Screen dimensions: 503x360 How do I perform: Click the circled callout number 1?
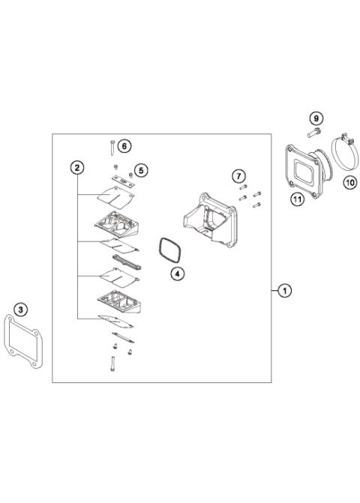(283, 290)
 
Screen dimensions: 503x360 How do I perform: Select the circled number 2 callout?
(77, 166)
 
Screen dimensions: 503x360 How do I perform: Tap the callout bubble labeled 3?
(21, 308)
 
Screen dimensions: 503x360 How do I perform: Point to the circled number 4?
(175, 274)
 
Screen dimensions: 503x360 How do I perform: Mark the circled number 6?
(124, 145)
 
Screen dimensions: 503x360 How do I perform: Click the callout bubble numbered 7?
(238, 176)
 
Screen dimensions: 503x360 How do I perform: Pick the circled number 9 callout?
(316, 118)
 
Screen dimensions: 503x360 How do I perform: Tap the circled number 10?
(349, 181)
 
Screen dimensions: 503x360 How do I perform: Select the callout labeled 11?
(297, 199)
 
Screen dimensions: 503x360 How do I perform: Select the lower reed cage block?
(118, 301)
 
